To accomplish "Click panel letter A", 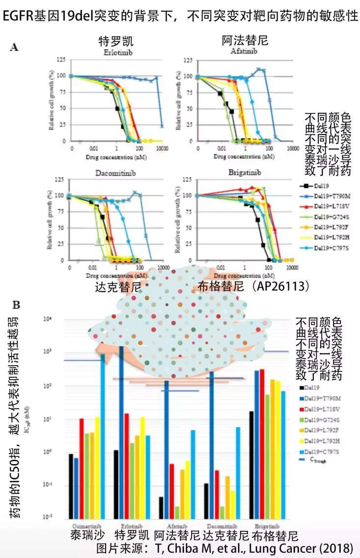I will pyautogui.click(x=15, y=47).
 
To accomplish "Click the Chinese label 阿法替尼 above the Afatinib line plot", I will pyautogui.click(x=245, y=41).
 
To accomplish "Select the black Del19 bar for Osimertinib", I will pyautogui.click(x=71, y=486).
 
